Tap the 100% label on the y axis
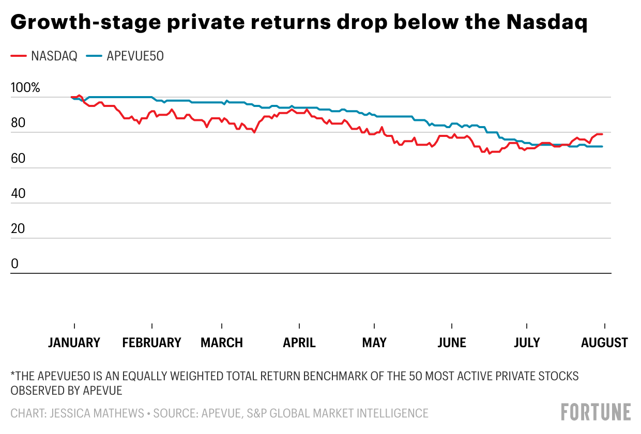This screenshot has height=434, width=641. pos(25,88)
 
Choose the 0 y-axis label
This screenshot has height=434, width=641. pos(14,264)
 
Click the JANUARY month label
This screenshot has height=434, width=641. pos(74,343)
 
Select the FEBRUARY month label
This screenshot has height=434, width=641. pos(152,343)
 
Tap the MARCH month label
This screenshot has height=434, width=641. pos(222,343)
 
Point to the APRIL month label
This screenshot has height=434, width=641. pos(299,343)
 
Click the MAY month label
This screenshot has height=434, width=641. pos(374,343)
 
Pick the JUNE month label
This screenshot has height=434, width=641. pos(452,343)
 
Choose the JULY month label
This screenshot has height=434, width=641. pos(527,343)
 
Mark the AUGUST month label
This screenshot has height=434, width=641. pos(604,343)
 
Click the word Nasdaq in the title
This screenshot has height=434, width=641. pos(547,23)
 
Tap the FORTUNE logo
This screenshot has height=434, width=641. pos(596,412)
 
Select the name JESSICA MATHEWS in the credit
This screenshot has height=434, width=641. pos(94,413)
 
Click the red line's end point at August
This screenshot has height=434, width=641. pos(602,134)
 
